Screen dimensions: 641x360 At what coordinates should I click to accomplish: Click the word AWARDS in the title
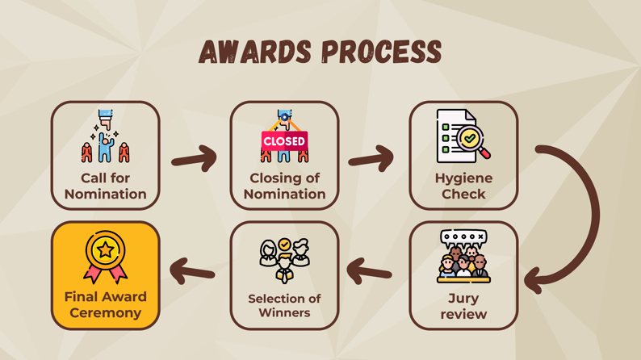click(255, 52)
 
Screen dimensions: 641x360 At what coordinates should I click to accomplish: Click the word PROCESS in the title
click(382, 52)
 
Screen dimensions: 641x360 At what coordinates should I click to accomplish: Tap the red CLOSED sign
click(284, 141)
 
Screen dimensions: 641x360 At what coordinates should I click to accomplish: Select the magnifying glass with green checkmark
click(472, 141)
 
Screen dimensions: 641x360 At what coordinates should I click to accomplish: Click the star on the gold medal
click(106, 249)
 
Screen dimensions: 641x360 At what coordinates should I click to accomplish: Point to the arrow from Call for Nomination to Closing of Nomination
click(195, 158)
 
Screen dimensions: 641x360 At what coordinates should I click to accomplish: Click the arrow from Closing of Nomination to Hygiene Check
click(371, 158)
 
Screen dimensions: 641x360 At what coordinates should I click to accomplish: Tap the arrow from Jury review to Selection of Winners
click(369, 271)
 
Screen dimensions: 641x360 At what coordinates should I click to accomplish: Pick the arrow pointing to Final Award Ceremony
click(192, 271)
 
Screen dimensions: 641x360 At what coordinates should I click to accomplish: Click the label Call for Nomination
click(106, 186)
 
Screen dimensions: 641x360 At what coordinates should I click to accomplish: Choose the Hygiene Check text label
click(463, 186)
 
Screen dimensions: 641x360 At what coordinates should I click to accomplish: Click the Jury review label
click(463, 306)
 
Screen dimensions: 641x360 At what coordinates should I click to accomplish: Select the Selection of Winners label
click(284, 305)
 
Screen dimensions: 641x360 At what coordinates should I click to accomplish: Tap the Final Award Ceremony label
click(106, 304)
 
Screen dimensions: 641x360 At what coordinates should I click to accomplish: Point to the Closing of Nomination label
click(284, 186)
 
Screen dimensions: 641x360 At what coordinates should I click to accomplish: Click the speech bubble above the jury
click(463, 238)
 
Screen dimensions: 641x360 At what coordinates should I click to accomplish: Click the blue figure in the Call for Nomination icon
click(106, 149)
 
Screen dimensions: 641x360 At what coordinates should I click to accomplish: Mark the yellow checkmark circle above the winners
click(284, 245)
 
